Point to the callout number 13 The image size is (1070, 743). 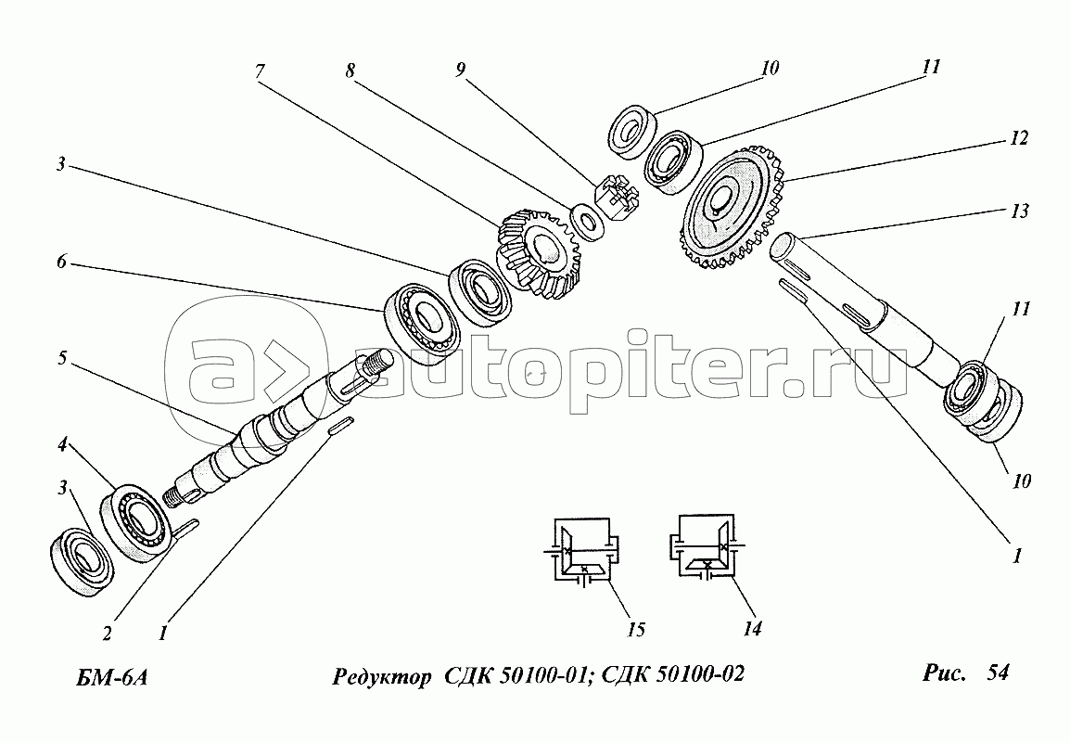(x=1019, y=211)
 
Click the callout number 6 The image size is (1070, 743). (x=61, y=262)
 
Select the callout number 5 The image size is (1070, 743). (x=62, y=358)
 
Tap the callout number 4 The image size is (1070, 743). (x=62, y=445)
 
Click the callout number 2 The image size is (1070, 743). (x=108, y=634)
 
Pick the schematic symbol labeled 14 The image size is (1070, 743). (x=707, y=547)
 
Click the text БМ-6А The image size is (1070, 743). (x=111, y=677)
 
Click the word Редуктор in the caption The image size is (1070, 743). (x=381, y=676)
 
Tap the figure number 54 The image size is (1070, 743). (x=998, y=673)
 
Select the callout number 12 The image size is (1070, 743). (x=1018, y=138)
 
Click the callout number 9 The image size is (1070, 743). (x=461, y=69)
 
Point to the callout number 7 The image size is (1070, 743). (x=260, y=71)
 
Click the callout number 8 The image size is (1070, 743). (x=350, y=70)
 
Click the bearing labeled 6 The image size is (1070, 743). (x=421, y=322)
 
